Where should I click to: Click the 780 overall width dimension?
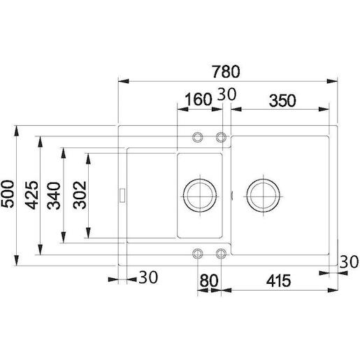(x=226, y=72)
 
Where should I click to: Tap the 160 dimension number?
(x=199, y=99)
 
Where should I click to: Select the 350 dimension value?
(x=282, y=101)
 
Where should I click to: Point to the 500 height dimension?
(x=8, y=194)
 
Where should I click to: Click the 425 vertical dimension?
(x=31, y=195)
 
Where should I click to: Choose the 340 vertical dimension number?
(x=54, y=196)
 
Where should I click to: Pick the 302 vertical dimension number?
(x=80, y=195)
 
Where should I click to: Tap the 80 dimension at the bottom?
(x=209, y=281)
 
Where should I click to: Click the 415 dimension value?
(x=279, y=281)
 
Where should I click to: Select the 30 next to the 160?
(x=226, y=94)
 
